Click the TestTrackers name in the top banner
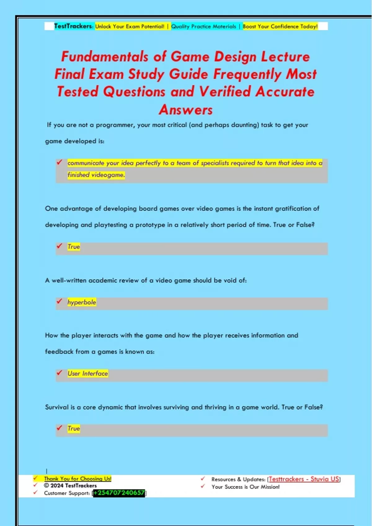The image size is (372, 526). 73,26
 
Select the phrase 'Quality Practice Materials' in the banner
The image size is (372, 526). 204,27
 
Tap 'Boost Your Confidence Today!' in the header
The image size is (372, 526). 280,27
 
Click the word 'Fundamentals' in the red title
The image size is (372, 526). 105,57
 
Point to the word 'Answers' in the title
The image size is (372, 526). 186,110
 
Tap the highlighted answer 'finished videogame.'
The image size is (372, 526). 96,175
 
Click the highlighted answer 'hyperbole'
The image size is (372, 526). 82,302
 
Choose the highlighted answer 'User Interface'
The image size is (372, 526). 88,373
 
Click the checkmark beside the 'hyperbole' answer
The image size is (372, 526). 60,301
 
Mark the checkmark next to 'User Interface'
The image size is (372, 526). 60,373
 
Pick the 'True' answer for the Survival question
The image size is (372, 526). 74,429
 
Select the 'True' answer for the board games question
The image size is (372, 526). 74,247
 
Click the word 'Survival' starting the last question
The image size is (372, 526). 56,407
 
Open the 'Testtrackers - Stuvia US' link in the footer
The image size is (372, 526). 304,479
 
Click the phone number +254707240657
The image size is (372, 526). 119,493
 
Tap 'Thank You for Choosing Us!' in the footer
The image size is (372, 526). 77,479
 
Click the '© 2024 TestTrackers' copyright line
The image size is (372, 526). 70,486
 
